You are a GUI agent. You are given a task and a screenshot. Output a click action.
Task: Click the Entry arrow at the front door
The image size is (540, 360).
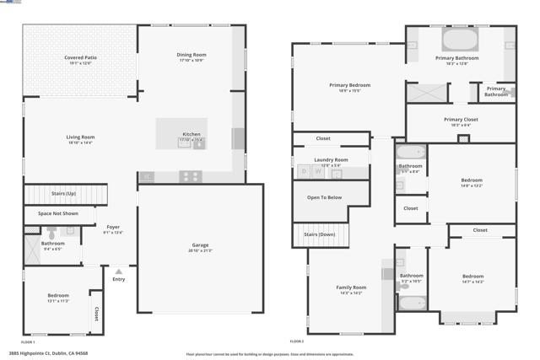point(119,271)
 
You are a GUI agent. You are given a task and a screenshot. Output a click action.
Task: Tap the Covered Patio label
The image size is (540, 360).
point(80,57)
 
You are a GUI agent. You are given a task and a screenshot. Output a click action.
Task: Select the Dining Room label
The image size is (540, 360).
point(192,55)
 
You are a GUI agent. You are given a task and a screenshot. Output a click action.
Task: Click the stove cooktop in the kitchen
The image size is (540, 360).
point(191,176)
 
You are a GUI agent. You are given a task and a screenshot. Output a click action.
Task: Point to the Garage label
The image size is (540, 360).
point(200,245)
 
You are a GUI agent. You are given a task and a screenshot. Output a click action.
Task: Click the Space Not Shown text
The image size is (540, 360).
point(58,213)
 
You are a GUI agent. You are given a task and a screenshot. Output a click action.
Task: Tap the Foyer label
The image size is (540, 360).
point(113,228)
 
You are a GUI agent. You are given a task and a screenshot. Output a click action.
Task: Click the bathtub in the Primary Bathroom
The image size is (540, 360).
point(460,40)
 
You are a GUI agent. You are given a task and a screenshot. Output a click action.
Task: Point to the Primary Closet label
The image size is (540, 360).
point(461,120)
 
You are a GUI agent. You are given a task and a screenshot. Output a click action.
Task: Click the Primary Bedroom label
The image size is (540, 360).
point(349,85)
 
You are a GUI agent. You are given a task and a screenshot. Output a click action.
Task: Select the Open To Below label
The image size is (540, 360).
point(324,197)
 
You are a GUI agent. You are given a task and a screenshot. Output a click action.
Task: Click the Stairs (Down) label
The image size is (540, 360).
point(320,234)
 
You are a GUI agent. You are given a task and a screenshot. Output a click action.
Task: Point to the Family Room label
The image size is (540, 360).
point(351,287)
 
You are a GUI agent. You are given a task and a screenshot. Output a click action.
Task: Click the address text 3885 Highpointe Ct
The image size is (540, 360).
point(48,353)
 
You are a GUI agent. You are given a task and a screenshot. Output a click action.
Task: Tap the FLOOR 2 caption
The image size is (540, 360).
point(297,341)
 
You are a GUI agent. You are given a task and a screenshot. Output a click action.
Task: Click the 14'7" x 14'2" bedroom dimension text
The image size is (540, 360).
point(472,282)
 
